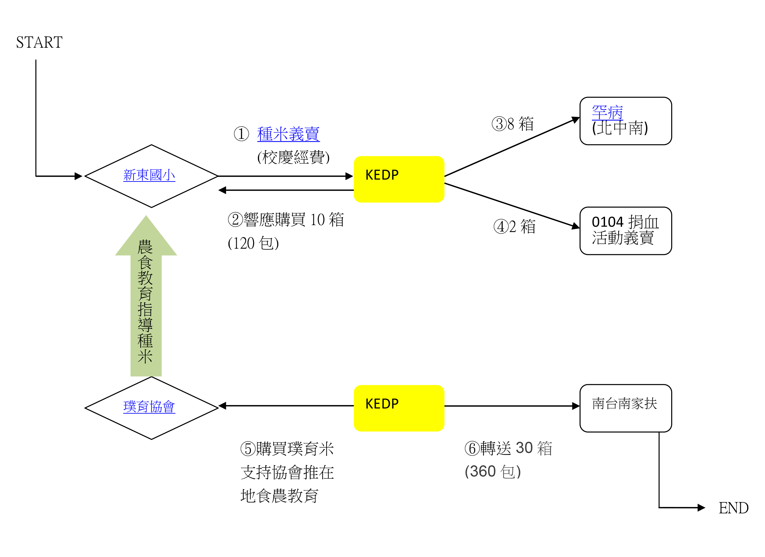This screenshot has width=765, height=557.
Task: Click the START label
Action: click(39, 42)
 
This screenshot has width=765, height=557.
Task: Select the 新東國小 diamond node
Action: click(151, 176)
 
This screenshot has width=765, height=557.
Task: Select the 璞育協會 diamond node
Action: click(151, 408)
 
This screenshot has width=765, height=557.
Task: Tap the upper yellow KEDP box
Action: click(399, 179)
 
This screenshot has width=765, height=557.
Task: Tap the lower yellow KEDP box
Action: click(399, 408)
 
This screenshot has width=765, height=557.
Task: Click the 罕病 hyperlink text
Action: click(607, 112)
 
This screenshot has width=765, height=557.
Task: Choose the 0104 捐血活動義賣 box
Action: click(625, 230)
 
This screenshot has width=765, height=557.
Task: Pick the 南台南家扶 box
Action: click(625, 408)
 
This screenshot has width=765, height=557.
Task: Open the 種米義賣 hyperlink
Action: click(288, 134)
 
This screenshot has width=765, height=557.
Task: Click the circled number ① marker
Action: click(241, 134)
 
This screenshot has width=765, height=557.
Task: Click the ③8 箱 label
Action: click(513, 124)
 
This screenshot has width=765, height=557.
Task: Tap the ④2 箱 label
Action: click(514, 226)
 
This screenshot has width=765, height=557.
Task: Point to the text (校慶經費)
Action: click(293, 157)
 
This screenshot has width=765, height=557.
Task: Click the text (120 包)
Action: click(253, 243)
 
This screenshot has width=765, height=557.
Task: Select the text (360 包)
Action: click(492, 472)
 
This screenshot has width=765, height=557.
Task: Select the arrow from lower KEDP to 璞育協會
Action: click(287, 405)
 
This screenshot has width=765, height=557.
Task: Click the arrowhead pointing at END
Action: click(701, 507)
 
